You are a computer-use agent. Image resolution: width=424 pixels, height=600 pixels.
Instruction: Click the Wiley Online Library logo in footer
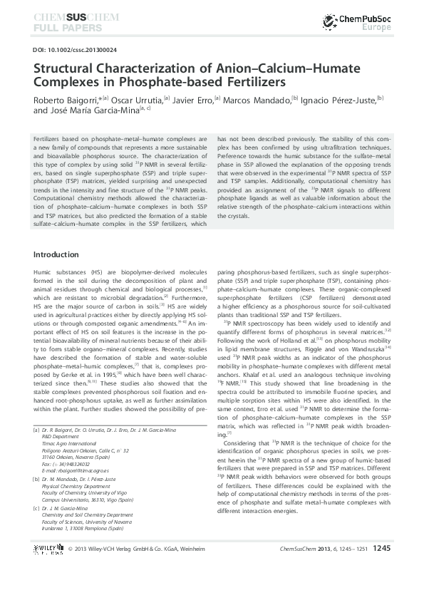click(x=49, y=569)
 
